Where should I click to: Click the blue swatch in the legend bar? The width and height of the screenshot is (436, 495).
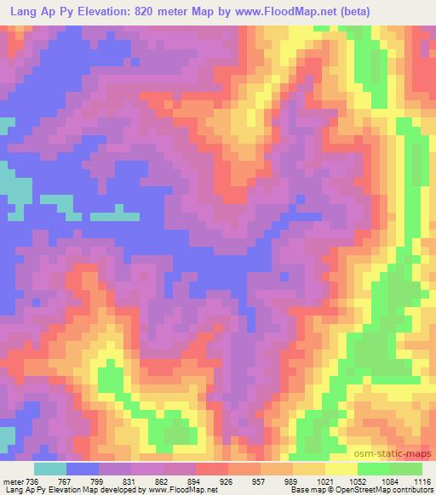tap(83, 469)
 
